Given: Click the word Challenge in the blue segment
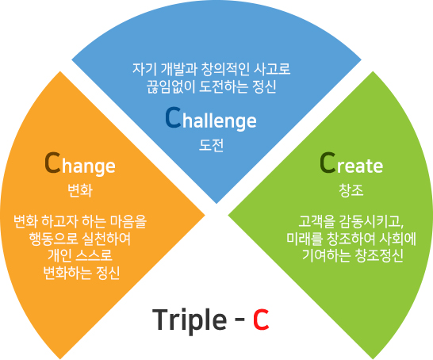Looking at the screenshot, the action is click(x=211, y=119).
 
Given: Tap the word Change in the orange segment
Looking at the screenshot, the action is click(x=80, y=163).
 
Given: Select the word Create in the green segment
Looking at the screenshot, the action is click(x=351, y=163).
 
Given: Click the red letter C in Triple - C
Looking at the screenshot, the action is click(x=261, y=320).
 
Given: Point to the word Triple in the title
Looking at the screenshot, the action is click(x=190, y=320).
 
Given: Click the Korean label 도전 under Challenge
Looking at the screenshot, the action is click(x=211, y=145).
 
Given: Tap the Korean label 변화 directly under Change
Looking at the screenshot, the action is click(x=80, y=190).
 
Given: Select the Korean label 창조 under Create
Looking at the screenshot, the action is click(x=351, y=190).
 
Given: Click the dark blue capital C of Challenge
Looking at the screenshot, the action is click(x=173, y=117).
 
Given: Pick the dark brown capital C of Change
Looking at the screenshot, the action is click(x=52, y=163).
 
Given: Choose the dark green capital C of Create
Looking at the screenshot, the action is click(x=328, y=163).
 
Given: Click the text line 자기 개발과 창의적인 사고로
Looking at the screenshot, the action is click(x=212, y=69).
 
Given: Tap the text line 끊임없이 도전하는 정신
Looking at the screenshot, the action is click(x=211, y=86).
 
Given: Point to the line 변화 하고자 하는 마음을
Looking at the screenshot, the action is click(x=80, y=222).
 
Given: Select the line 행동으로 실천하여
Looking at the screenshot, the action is click(x=80, y=239).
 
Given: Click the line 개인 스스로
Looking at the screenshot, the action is click(x=80, y=255).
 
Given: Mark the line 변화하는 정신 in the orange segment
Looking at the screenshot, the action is click(x=82, y=273).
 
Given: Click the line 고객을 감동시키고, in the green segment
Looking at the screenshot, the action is click(x=351, y=222).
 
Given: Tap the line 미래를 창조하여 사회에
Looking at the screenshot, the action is click(x=351, y=239).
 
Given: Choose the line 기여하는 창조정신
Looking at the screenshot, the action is click(x=353, y=255).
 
